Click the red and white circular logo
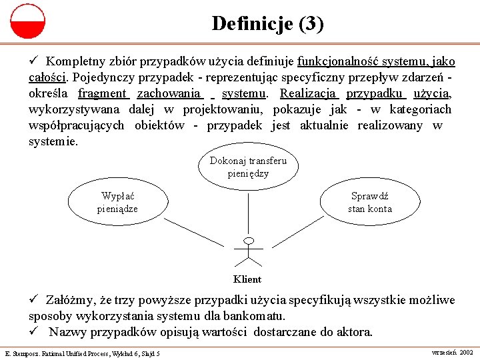pos(27,21)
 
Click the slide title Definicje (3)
pos(268,24)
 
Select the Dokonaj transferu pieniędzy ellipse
pos(248,167)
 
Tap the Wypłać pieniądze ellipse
pos(117,203)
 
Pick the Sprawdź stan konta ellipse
pos(370,203)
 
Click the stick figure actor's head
pos(249,241)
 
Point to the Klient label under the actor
pos(247,279)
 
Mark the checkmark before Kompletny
pos(33,61)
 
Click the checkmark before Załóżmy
pos(33,300)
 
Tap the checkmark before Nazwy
pos(33,331)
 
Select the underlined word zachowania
pos(169,93)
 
